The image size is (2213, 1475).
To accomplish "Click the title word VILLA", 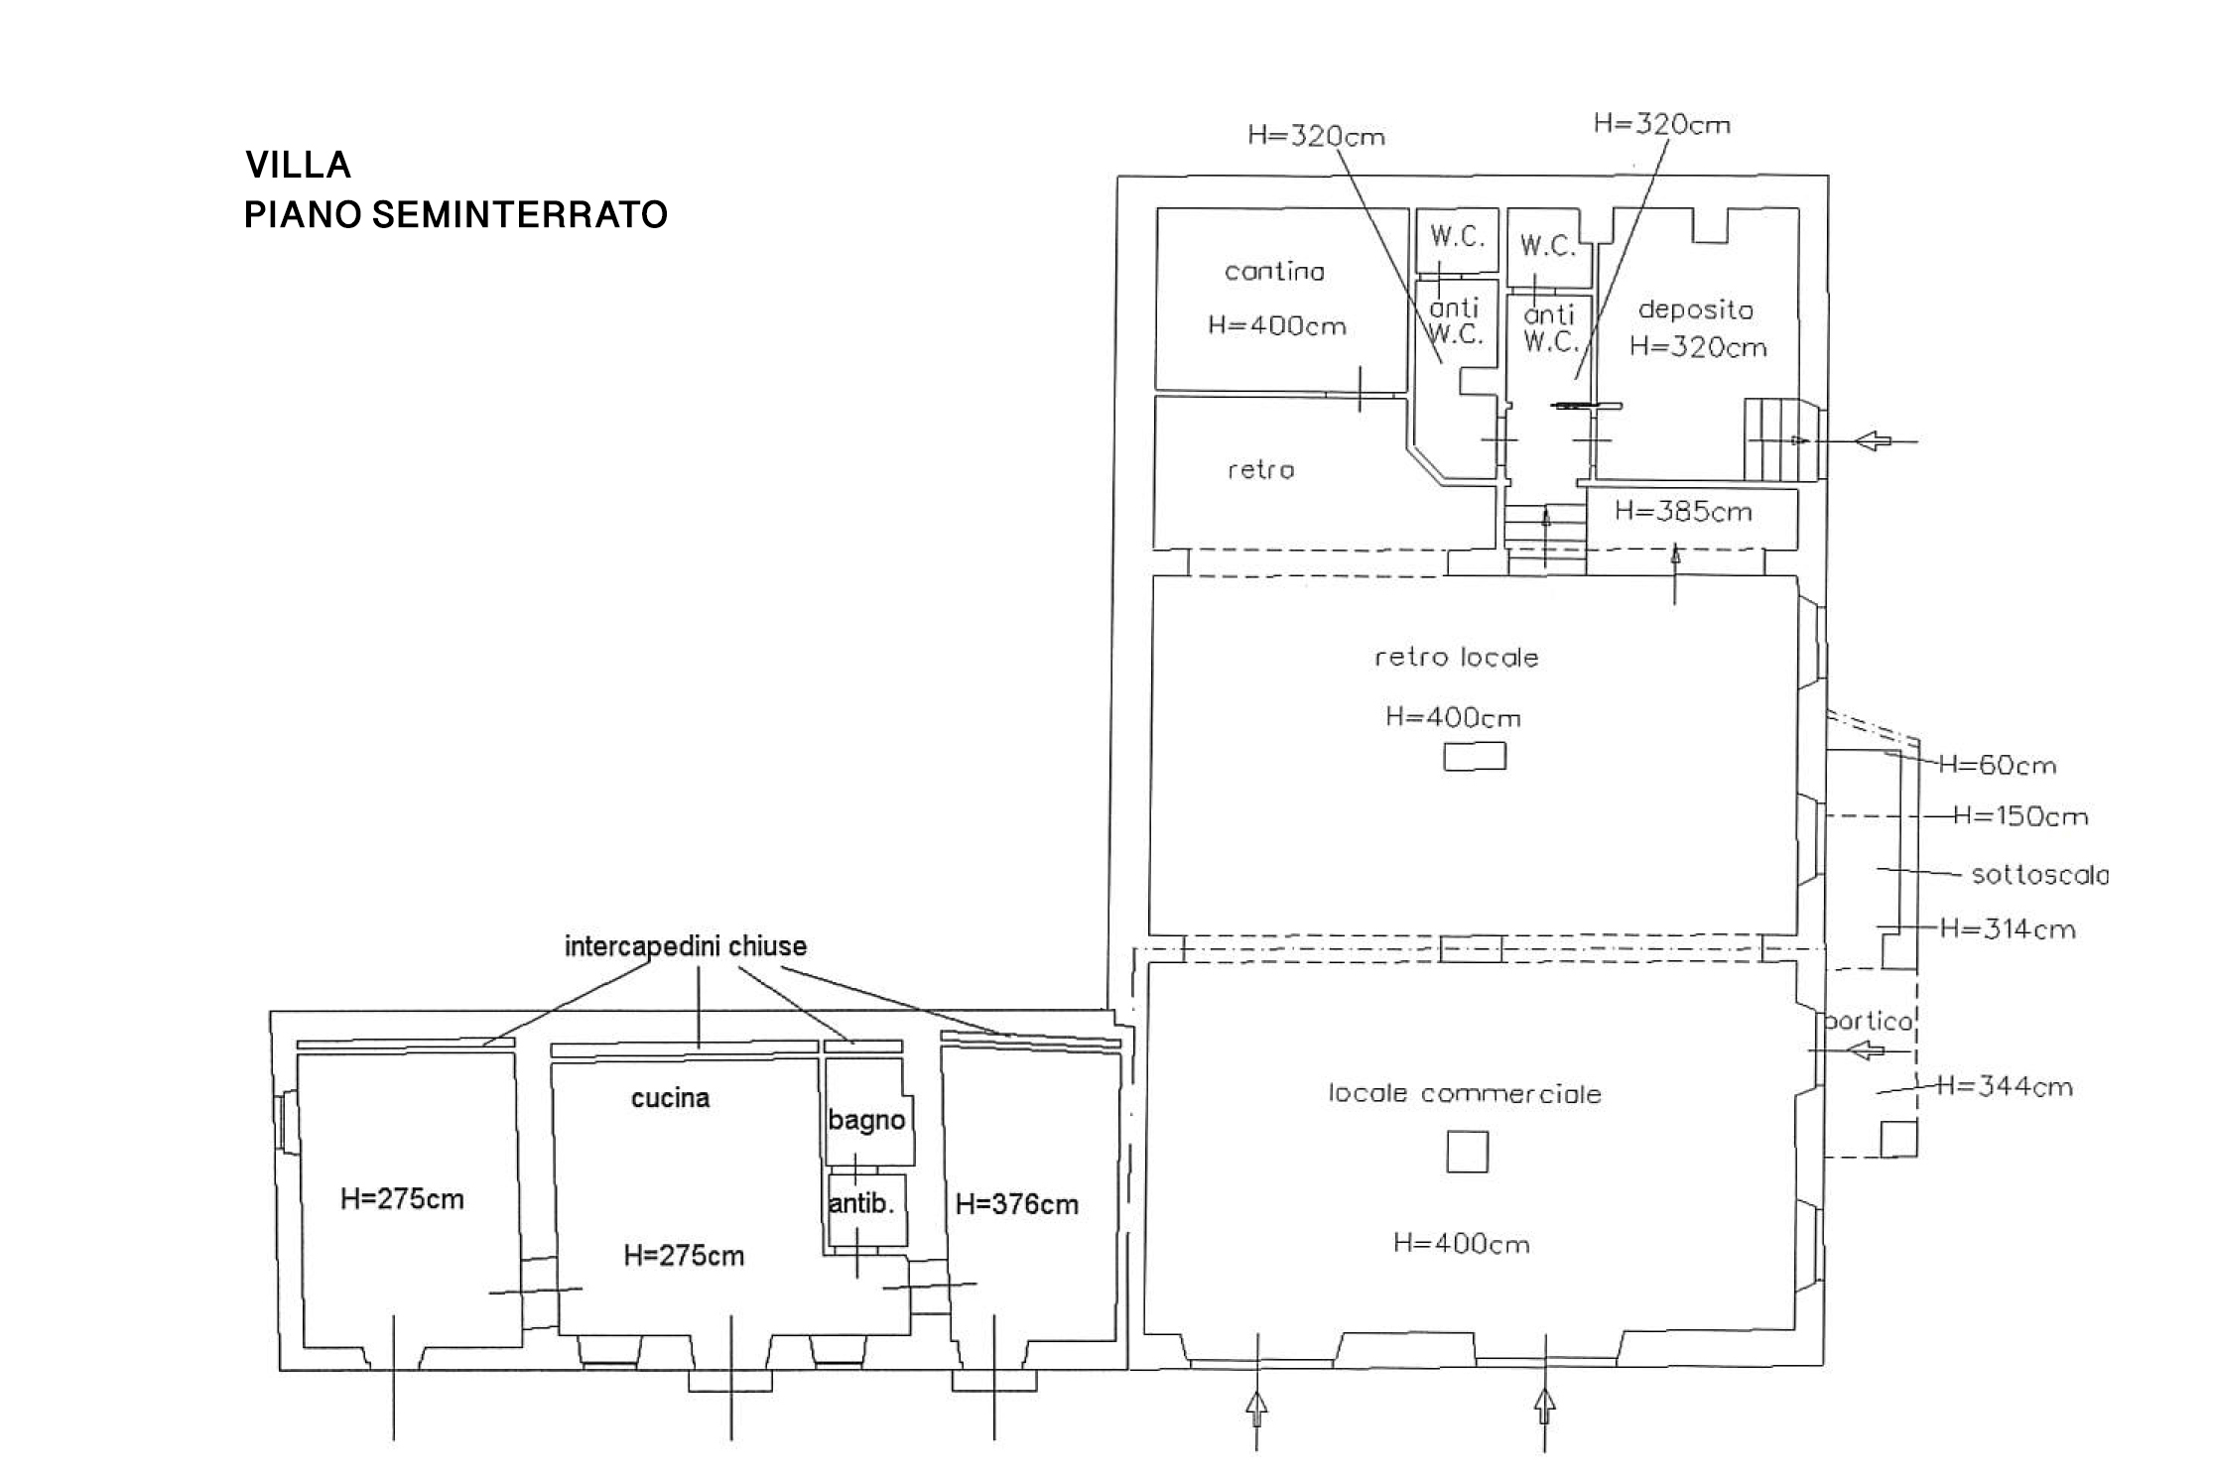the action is (299, 165).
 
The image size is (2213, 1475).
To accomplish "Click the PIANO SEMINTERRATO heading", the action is (456, 214).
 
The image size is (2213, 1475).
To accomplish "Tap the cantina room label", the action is (1274, 271).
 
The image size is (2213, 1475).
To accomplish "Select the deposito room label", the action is (1696, 309).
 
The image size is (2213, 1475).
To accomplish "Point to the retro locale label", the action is (1457, 657).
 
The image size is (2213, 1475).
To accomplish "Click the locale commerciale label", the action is (1465, 1093).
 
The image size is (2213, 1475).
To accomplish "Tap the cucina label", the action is (671, 1098).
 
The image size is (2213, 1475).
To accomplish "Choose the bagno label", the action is (866, 1121).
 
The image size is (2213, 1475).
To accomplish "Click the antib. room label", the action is (861, 1203).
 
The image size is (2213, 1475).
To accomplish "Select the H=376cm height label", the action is (1016, 1204).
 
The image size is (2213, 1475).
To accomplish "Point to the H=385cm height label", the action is (1683, 512).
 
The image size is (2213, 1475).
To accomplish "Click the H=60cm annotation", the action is (1997, 765).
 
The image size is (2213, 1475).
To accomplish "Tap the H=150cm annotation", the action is (2020, 816).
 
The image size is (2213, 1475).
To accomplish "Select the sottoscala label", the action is (2040, 875).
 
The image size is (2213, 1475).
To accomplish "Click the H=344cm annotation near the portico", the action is (2005, 1086).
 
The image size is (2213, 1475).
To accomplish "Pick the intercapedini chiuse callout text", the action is (686, 946).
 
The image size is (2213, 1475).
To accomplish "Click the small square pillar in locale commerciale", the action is (1467, 1152).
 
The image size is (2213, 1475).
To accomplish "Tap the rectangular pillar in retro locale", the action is (1475, 757).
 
